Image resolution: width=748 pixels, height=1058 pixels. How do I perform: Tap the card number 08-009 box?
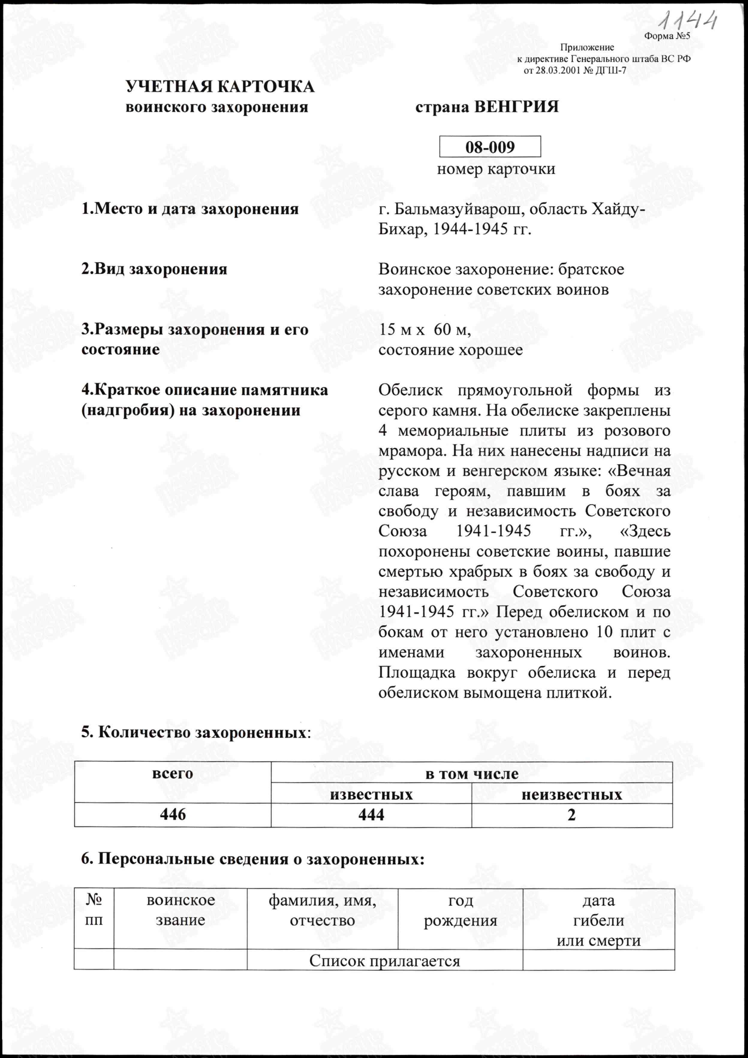point(490,147)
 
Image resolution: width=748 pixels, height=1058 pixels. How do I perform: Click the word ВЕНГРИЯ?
point(517,107)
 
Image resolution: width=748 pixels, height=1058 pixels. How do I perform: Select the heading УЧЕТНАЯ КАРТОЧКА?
point(220,87)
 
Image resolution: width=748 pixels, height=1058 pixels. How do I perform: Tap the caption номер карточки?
point(496,169)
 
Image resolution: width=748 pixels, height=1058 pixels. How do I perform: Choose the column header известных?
point(371,794)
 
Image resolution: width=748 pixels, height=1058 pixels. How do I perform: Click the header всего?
point(173,774)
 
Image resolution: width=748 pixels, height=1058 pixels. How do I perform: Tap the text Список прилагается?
point(385,960)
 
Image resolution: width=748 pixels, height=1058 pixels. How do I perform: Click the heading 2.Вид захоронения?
point(154,269)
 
